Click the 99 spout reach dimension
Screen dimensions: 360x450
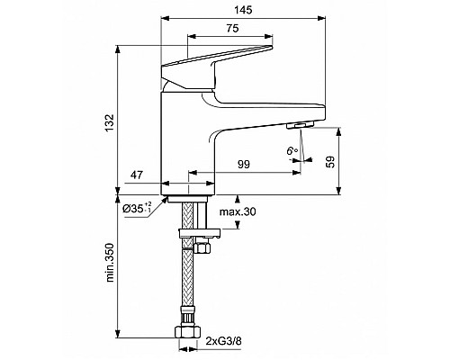click(x=244, y=164)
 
